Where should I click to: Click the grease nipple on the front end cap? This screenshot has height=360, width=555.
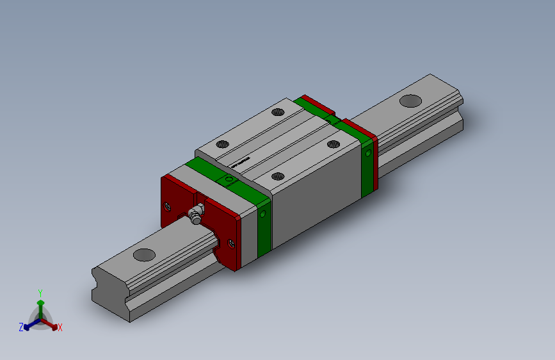[196, 213]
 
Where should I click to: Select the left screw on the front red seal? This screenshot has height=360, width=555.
[168, 206]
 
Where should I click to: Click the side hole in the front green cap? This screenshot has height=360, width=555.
[262, 214]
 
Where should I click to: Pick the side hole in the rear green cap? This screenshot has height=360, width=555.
[367, 153]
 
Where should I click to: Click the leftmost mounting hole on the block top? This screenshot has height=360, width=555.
[221, 144]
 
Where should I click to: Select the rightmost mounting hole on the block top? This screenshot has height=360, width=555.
[333, 144]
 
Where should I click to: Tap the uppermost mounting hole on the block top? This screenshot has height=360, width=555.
[277, 112]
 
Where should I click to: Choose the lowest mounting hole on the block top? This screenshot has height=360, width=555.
[278, 176]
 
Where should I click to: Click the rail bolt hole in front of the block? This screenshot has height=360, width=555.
[144, 254]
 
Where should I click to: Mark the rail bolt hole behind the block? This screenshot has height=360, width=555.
[410, 101]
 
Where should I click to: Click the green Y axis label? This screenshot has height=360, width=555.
[40, 292]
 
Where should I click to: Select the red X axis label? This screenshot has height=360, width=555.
[60, 327]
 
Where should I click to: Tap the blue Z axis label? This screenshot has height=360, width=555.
[20, 327]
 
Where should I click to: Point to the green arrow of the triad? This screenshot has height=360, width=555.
[40, 302]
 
